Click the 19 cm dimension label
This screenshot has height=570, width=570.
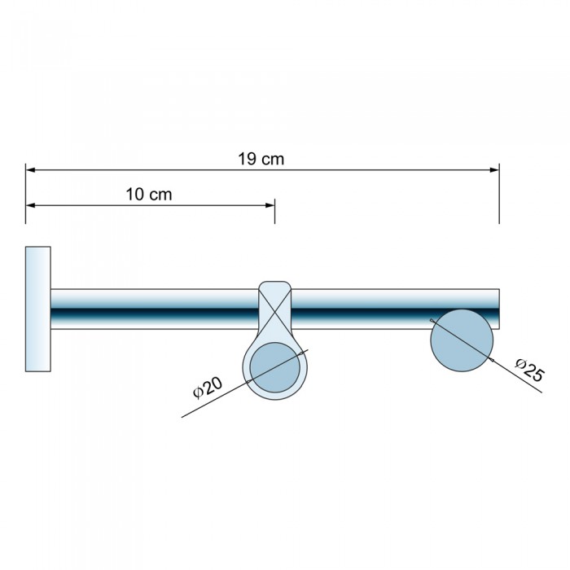pyautogui.click(x=261, y=160)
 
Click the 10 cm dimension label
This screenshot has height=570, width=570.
pyautogui.click(x=149, y=195)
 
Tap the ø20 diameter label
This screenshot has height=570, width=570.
pyautogui.click(x=208, y=388)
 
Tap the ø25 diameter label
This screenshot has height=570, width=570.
pyautogui.click(x=530, y=370)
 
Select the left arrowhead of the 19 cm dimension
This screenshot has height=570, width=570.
pyautogui.click(x=31, y=169)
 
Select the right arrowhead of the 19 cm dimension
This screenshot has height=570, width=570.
pyautogui.click(x=494, y=169)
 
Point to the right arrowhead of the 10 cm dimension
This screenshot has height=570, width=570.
pyautogui.click(x=270, y=205)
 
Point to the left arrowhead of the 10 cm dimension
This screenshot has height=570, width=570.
pyautogui.click(x=31, y=205)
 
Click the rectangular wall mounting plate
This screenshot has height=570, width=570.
pyautogui.click(x=37, y=309)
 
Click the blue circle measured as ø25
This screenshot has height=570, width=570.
pyautogui.click(x=462, y=340)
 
